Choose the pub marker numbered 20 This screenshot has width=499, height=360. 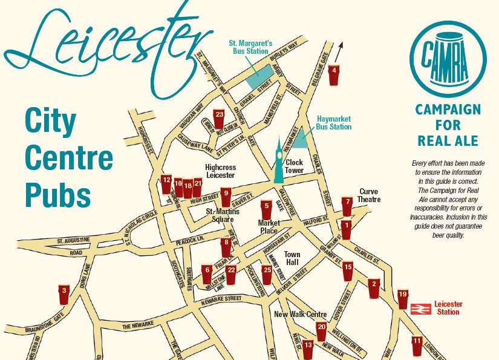coord(322,330)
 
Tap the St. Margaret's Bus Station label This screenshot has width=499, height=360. coord(251,48)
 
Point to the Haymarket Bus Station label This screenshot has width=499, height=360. coord(333,123)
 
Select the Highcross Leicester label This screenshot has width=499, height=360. coord(220,171)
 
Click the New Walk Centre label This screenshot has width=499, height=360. coord(300,315)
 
